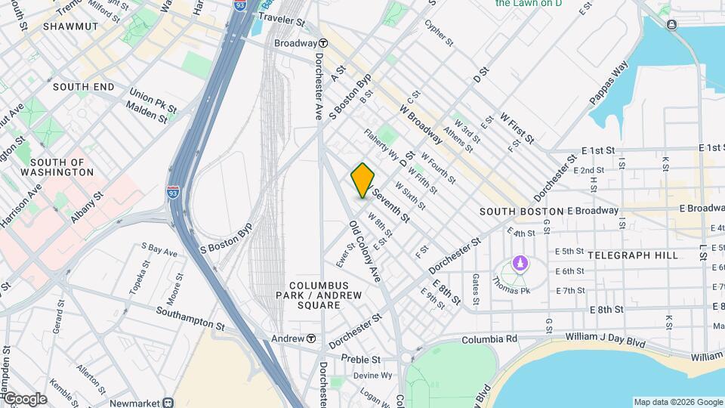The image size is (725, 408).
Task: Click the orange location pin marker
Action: click(x=362, y=180)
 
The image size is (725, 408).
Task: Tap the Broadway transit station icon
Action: click(x=322, y=43)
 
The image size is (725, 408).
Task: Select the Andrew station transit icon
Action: click(x=310, y=338)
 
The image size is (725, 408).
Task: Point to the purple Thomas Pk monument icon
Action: click(x=519, y=263)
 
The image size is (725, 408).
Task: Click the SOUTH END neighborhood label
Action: click(x=83, y=87)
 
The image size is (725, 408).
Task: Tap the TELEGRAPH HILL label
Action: click(x=643, y=255)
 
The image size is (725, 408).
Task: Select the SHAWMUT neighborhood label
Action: click(x=71, y=26)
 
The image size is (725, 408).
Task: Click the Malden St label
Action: click(x=147, y=115)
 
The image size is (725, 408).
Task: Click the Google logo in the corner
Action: click(x=25, y=399)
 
